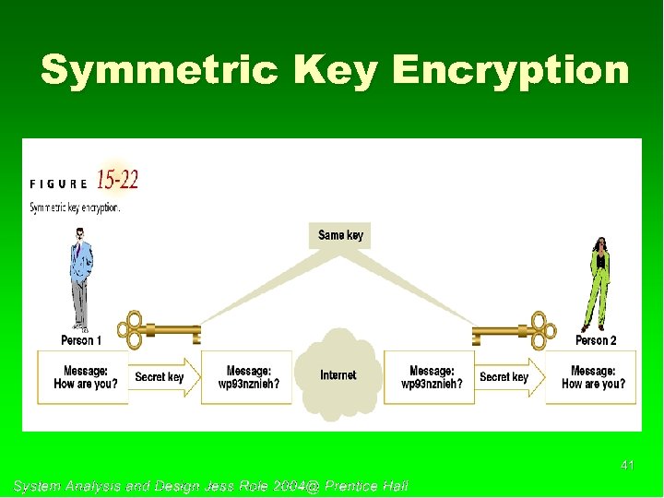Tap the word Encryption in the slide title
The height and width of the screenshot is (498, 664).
click(510, 70)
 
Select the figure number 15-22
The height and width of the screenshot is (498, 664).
click(117, 180)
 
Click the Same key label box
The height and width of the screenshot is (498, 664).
click(340, 235)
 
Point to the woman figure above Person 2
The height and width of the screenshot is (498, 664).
click(600, 281)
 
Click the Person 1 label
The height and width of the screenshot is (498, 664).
click(81, 340)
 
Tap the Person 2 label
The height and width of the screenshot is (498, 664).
click(596, 340)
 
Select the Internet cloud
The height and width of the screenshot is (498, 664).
click(338, 376)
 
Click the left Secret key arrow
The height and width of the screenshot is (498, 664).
click(162, 377)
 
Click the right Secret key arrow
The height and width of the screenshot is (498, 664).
click(507, 377)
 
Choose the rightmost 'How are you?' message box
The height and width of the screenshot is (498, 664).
click(593, 377)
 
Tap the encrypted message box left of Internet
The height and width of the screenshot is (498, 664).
click(247, 377)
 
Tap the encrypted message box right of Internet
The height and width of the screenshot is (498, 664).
click(430, 377)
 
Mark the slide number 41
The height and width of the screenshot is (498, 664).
click(627, 466)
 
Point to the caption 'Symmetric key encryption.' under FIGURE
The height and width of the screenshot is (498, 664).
click(75, 207)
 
